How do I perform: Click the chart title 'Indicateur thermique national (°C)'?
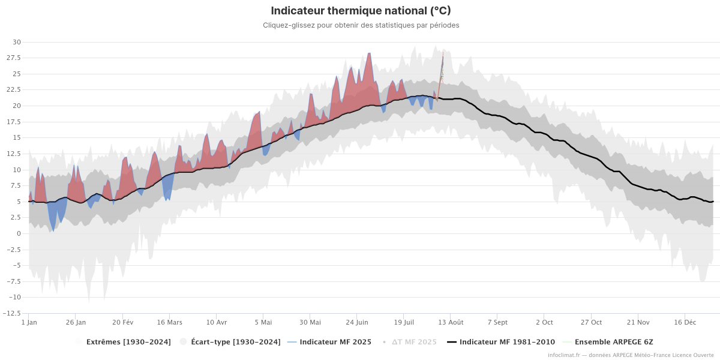(361, 11)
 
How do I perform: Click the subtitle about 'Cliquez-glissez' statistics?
(361, 25)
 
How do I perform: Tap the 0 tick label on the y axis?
(18, 233)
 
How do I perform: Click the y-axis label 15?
(16, 138)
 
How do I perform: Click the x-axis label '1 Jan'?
(29, 322)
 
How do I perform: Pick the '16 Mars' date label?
(169, 322)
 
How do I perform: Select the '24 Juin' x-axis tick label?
(357, 322)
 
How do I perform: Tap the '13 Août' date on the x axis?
(451, 322)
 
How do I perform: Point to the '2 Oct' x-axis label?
(544, 322)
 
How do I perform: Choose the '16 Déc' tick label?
(685, 322)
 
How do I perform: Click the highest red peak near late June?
(369, 53)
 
